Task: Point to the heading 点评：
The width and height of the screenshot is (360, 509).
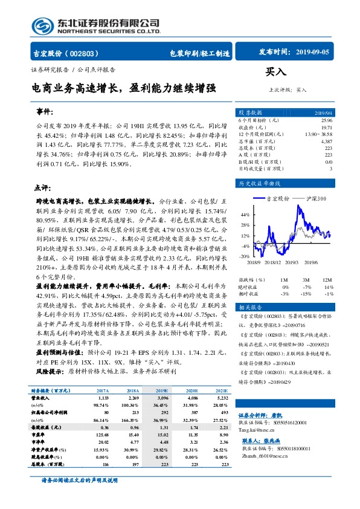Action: point(42,187)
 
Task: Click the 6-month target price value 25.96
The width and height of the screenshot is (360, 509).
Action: point(325,122)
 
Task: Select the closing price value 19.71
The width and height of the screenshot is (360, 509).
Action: point(326,128)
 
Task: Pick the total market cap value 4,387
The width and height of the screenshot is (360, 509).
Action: point(326,141)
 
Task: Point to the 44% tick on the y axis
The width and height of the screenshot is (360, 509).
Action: point(245,215)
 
